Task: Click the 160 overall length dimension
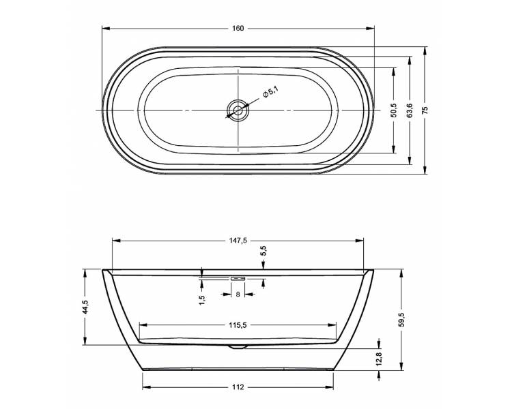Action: [x=238, y=29]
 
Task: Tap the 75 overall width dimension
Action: [x=425, y=110]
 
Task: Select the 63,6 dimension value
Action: [x=410, y=110]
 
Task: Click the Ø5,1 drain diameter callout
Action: [x=270, y=91]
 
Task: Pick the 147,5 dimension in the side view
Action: [x=238, y=241]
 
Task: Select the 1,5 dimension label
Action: [x=202, y=300]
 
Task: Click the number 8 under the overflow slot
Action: [x=238, y=294]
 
